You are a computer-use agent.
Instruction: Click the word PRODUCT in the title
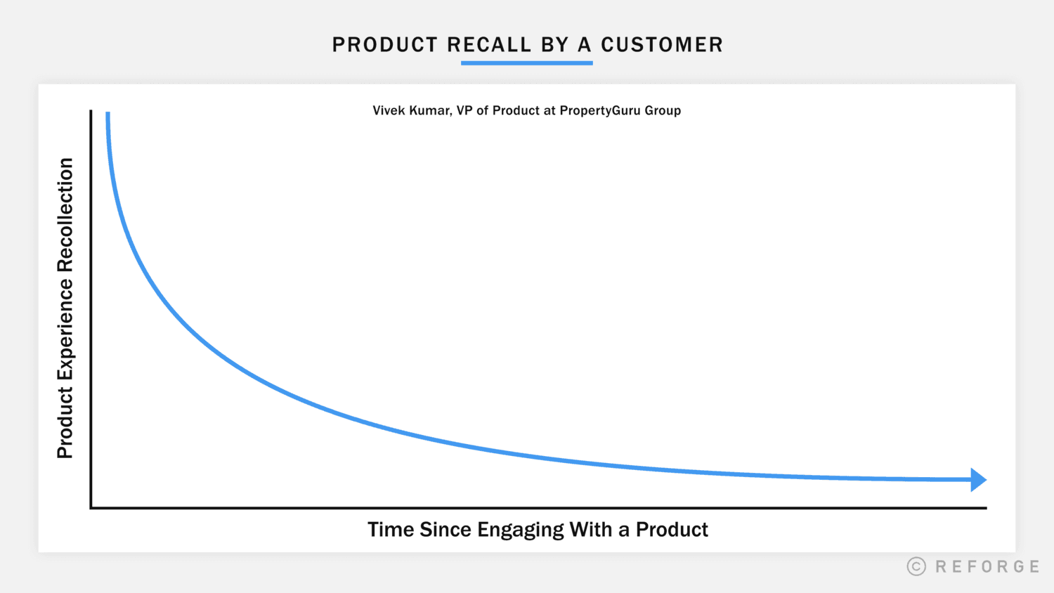[385, 45]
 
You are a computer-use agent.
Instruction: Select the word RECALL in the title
[489, 45]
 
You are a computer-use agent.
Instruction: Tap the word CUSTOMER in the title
[661, 45]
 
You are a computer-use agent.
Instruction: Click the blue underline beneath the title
[526, 63]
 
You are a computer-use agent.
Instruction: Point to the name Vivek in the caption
[389, 110]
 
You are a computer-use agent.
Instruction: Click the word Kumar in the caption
[431, 110]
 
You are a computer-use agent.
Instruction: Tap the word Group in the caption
[663, 111]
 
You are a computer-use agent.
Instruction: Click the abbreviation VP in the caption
[464, 110]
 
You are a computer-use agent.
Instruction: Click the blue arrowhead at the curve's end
[978, 480]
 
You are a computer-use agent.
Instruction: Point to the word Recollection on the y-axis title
[65, 214]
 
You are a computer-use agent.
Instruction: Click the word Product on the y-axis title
[65, 424]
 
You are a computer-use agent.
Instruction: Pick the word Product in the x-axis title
[672, 530]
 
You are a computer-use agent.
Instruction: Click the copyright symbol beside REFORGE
[916, 566]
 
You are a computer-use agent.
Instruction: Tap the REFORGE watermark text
[987, 566]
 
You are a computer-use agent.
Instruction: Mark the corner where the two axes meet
[91, 507]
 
